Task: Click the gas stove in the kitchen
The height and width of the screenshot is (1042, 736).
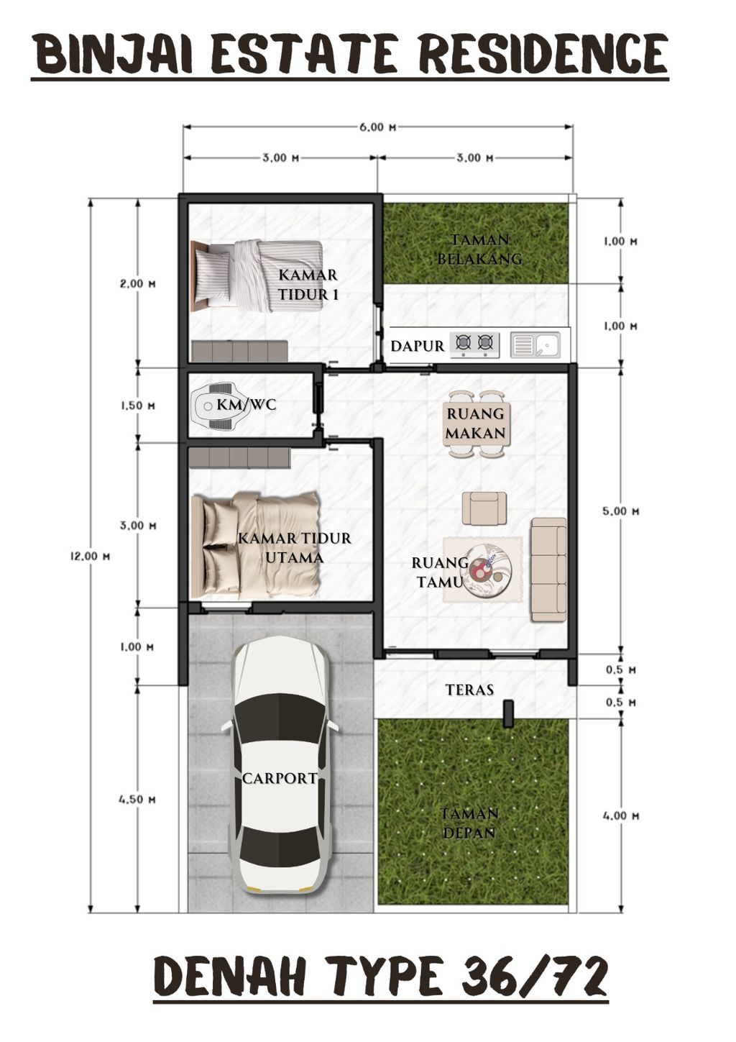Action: click(x=474, y=344)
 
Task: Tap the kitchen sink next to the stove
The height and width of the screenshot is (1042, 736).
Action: click(x=535, y=345)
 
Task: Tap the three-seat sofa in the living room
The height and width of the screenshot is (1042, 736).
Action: click(x=548, y=568)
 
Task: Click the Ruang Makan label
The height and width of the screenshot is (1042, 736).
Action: click(x=476, y=424)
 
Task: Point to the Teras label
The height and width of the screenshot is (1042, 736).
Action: click(x=469, y=690)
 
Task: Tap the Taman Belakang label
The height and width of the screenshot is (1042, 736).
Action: click(x=479, y=249)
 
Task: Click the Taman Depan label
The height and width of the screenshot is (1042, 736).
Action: click(x=469, y=823)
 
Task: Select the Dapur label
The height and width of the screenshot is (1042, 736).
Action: click(x=417, y=346)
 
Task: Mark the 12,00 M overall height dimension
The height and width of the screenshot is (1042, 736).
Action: click(x=91, y=556)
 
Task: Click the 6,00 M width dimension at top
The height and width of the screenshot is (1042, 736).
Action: click(x=378, y=127)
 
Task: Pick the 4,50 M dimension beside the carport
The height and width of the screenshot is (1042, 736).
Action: click(x=138, y=799)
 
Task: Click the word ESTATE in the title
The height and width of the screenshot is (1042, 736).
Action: click(x=305, y=55)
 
